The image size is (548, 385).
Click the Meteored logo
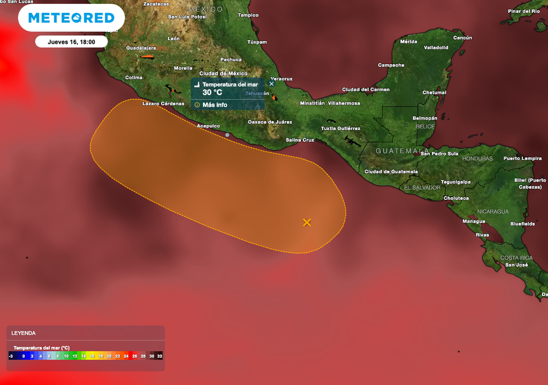click(x=71, y=18)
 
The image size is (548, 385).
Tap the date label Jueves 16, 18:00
click(x=71, y=42)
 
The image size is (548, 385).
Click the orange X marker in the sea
click(x=307, y=222)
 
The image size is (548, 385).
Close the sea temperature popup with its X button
click(x=271, y=83)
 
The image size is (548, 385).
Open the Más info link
click(x=215, y=105)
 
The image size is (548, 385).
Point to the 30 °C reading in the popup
click(x=212, y=93)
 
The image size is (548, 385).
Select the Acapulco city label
click(x=208, y=126)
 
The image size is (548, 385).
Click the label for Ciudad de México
click(x=223, y=73)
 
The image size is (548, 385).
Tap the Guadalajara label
click(x=125, y=48)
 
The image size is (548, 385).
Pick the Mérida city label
click(x=408, y=42)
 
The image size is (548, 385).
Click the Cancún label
click(x=462, y=38)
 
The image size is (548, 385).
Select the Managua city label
click(x=474, y=221)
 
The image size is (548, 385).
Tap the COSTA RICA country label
click(x=516, y=258)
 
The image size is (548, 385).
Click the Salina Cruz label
click(x=300, y=140)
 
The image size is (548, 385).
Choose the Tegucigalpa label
click(x=455, y=182)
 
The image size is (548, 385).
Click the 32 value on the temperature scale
click(x=159, y=356)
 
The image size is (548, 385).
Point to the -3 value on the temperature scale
click(x=11, y=356)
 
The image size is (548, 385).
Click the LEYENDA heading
click(x=24, y=333)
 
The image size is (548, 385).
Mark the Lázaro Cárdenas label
click(x=163, y=104)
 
